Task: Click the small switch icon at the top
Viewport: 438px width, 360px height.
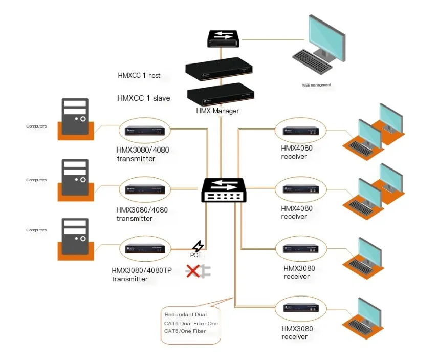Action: [x=224, y=38]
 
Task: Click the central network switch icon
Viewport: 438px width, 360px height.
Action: [x=224, y=190]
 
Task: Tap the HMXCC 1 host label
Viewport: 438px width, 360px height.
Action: [x=139, y=76]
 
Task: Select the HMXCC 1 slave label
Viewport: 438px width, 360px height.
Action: [x=143, y=98]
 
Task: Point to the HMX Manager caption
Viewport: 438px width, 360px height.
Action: [x=217, y=111]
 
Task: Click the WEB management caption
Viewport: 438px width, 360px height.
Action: [x=317, y=85]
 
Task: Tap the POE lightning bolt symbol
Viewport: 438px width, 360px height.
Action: [x=198, y=246]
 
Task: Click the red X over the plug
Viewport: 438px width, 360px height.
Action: [x=192, y=271]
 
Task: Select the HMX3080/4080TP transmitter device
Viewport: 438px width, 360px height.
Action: [x=144, y=249]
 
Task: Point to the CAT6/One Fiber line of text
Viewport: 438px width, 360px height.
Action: [x=185, y=331]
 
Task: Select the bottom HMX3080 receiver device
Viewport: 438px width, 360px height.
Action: [x=300, y=309]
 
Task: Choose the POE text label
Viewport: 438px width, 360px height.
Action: [x=197, y=255]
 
